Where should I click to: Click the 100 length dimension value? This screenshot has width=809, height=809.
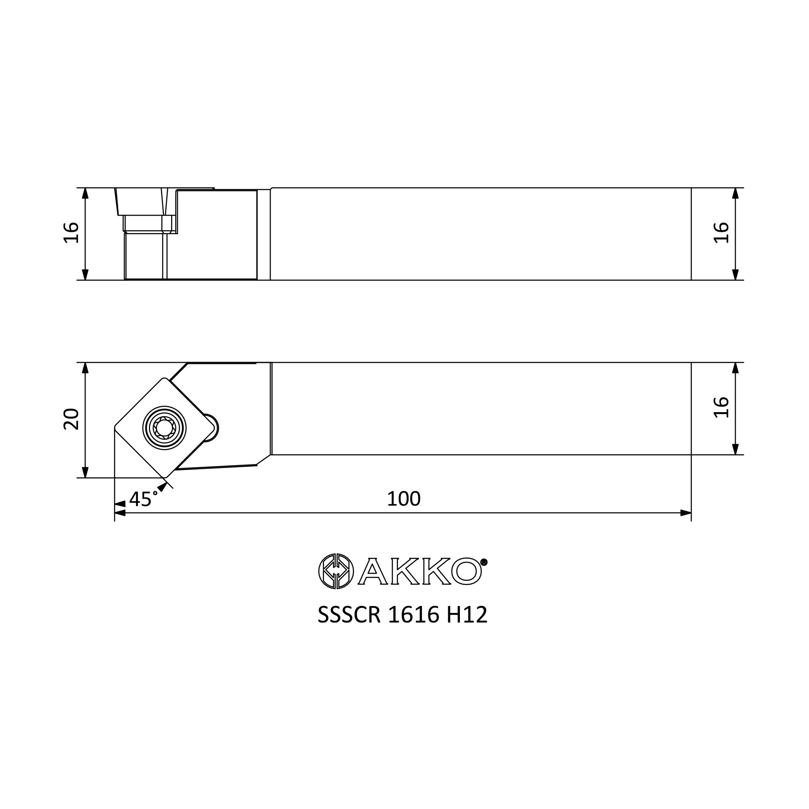coord(404,499)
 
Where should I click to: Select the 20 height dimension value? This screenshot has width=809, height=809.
coord(71,419)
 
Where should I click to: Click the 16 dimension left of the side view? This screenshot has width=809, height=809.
coord(71,233)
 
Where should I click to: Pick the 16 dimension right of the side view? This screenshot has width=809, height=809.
coord(721,233)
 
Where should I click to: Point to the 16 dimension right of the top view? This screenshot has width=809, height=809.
coord(721,407)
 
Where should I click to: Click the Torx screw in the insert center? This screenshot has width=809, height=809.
coord(165,428)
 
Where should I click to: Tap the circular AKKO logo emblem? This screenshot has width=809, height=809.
coord(336,571)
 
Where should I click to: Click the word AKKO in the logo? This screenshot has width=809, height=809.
coord(419,571)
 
